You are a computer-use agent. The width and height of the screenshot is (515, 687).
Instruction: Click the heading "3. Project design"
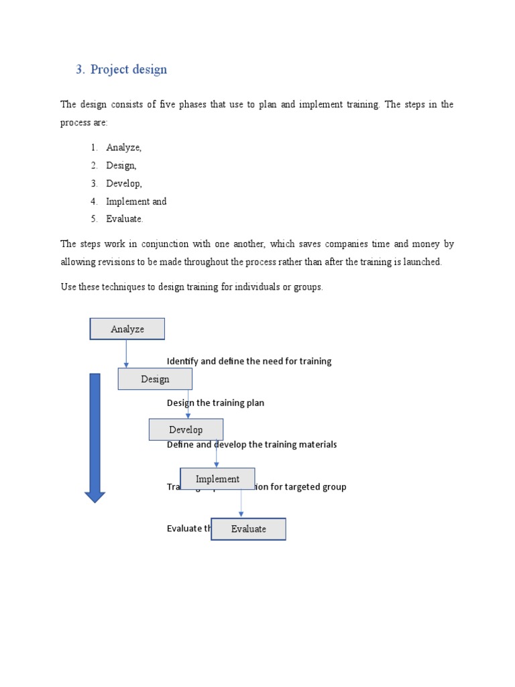point(121,70)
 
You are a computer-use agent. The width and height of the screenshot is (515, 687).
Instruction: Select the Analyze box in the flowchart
point(127,329)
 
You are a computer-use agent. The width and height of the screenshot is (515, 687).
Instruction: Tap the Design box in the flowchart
point(155,379)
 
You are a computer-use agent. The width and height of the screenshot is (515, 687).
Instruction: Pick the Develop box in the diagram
point(186,429)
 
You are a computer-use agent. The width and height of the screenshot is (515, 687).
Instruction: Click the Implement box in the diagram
point(217,479)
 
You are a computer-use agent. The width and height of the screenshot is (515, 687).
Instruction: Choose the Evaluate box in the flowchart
point(249,529)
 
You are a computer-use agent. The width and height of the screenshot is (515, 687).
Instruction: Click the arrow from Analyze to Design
point(126,354)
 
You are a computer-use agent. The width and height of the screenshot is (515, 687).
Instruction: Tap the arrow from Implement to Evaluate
point(241,503)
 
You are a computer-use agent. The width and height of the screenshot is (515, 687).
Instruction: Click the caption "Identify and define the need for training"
point(249,361)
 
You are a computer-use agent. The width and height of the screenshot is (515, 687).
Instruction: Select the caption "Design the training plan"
point(215,403)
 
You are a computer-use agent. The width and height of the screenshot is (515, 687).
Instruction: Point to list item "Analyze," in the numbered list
point(123,148)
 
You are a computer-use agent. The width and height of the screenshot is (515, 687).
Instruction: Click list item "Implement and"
point(136,201)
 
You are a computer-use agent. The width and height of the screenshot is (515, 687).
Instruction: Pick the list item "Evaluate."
point(125,219)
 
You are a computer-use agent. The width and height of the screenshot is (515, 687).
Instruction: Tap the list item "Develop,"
point(124,183)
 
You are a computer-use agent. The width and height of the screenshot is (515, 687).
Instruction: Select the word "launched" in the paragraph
point(422,262)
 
